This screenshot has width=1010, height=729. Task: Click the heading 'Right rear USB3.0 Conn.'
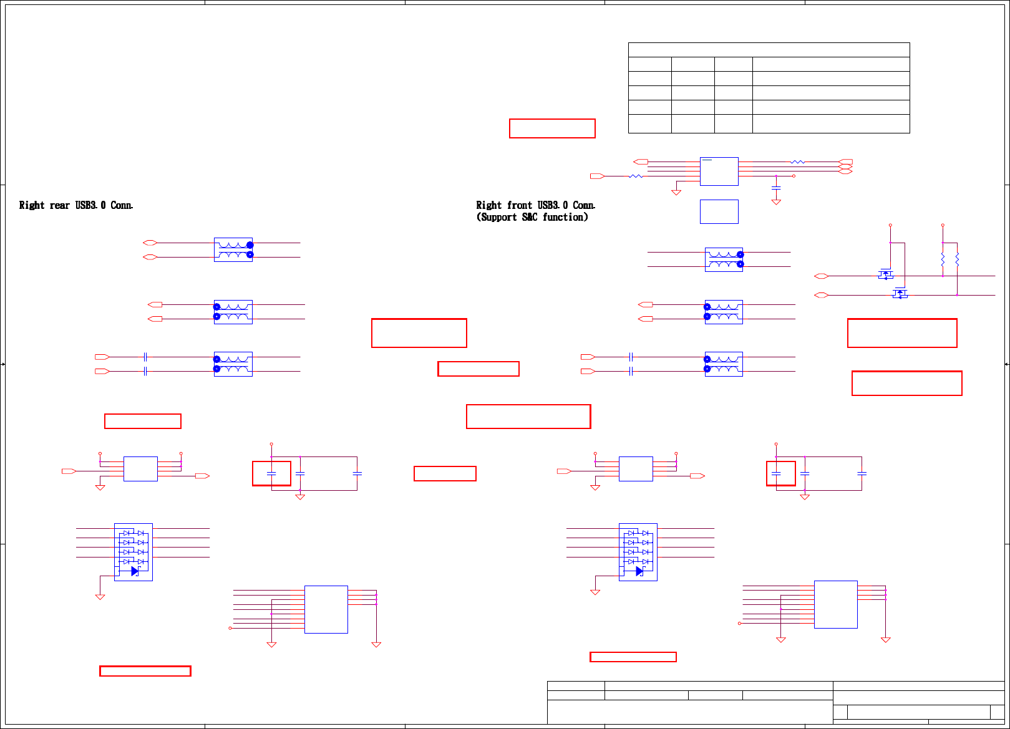tap(75, 205)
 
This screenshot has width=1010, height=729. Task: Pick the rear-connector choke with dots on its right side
tap(233, 249)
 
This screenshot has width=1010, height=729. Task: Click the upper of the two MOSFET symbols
tap(886, 274)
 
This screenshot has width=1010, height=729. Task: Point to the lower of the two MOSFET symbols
tap(900, 293)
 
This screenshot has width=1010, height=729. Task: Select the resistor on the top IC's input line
tap(635, 176)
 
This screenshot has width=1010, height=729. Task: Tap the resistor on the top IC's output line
tap(797, 162)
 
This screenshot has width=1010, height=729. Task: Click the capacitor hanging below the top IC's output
tap(776, 187)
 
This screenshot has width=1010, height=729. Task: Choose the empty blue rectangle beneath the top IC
tap(719, 211)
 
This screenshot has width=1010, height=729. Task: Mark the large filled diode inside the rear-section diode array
tap(134, 571)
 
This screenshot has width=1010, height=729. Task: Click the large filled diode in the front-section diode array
tap(639, 571)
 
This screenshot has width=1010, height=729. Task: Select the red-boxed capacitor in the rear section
tap(271, 473)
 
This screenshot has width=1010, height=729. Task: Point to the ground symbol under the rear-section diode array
tap(100, 596)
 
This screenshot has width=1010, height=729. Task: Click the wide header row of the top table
tap(769, 50)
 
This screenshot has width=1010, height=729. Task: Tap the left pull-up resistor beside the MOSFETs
tap(943, 259)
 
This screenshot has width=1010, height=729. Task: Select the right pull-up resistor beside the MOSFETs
tap(957, 259)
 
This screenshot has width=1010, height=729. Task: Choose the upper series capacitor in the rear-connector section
tap(145, 357)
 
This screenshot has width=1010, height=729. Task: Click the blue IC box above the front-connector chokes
tap(719, 171)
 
